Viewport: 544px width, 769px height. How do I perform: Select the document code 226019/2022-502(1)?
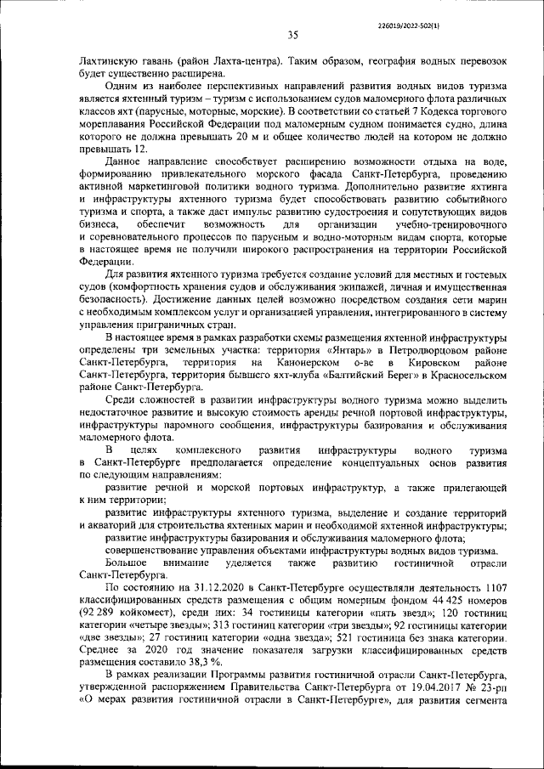click(x=409, y=13)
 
